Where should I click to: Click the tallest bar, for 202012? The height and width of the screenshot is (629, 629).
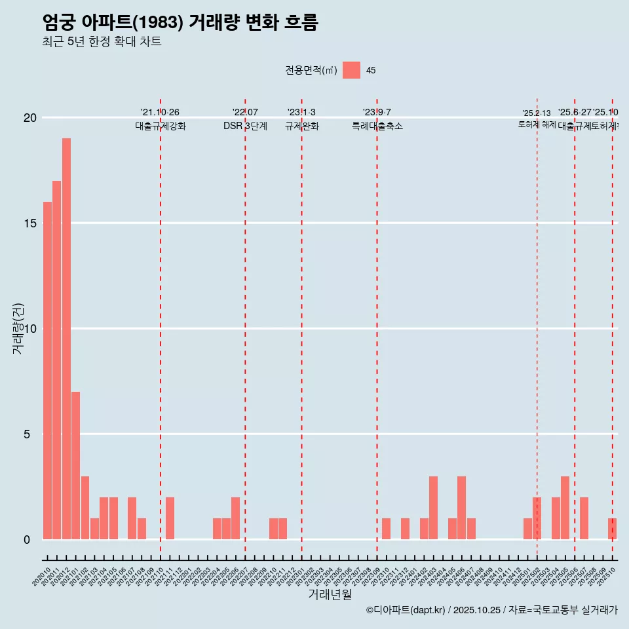(x=66, y=339)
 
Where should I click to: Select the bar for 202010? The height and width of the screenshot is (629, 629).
(x=47, y=370)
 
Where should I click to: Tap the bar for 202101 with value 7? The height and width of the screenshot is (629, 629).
(x=76, y=465)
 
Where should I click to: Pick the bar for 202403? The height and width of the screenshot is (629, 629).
(x=433, y=508)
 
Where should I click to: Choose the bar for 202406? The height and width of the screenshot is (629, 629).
(x=461, y=508)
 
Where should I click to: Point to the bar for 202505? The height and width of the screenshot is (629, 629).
(x=565, y=508)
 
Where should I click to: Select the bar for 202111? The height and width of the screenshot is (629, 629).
(x=170, y=518)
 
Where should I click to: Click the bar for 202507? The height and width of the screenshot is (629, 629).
(x=584, y=518)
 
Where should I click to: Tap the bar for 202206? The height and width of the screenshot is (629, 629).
(x=235, y=518)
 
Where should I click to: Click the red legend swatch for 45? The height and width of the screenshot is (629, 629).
(x=351, y=70)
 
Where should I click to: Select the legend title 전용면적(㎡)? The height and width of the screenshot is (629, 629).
(x=311, y=71)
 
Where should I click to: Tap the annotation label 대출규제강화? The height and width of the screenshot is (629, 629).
(x=161, y=126)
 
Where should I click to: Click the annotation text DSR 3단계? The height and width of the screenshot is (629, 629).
(x=245, y=126)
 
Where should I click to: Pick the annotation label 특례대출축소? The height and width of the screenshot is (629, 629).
(x=377, y=126)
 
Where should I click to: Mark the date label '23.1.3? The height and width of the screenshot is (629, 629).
(x=301, y=113)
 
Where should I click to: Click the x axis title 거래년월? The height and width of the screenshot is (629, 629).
(x=330, y=594)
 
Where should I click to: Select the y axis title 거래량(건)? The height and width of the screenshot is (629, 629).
(x=18, y=328)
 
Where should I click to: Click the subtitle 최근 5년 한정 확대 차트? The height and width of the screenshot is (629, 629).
(x=102, y=42)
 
